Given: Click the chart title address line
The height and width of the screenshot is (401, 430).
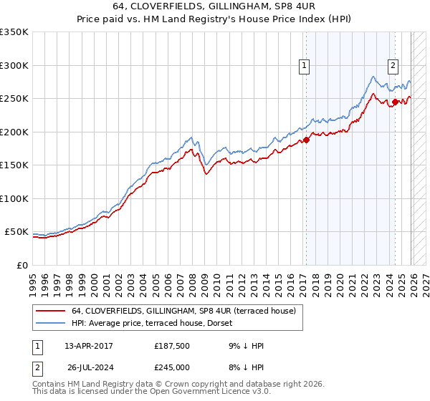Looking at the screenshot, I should [x=214, y=6].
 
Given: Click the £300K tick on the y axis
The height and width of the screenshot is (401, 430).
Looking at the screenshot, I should [x=14, y=65].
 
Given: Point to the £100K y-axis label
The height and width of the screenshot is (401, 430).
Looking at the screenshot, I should [x=14, y=198].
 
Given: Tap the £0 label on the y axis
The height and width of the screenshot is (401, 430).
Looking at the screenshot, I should [x=21, y=265].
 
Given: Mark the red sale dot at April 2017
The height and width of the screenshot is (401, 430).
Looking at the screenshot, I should [x=306, y=140].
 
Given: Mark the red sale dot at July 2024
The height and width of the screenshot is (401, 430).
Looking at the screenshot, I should [x=395, y=102].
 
